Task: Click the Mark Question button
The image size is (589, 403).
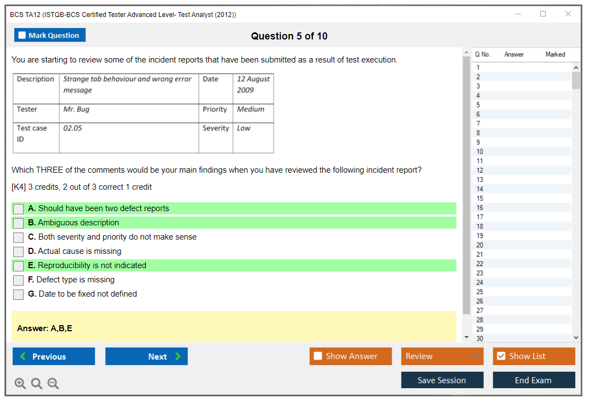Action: point(50,35)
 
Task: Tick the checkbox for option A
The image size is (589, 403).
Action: point(19,209)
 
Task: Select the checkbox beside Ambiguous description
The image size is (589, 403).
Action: point(19,223)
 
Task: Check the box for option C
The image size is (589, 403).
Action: point(19,237)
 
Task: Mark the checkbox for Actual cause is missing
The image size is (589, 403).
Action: point(19,252)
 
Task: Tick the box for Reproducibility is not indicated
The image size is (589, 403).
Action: point(19,266)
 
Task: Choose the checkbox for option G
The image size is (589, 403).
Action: point(19,294)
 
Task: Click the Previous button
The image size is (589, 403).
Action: point(54,356)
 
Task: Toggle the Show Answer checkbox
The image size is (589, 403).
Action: point(318,356)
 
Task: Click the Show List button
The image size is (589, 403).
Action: point(534,356)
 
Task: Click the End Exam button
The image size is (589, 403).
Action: point(534,380)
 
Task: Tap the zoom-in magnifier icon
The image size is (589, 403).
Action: point(20,383)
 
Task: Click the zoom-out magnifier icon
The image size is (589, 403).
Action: point(53,383)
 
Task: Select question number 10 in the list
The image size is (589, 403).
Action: point(479,152)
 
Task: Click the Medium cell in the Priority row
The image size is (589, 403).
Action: point(250,110)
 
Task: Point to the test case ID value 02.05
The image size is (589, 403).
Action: point(72,128)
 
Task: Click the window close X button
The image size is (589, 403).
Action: point(568,14)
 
